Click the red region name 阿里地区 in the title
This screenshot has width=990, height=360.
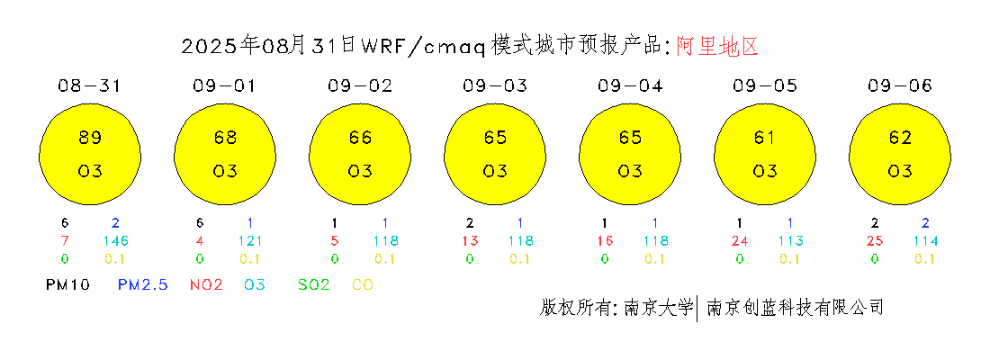pos(717,47)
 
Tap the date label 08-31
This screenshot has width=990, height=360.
pos(89,86)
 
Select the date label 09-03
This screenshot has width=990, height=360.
pos(494,86)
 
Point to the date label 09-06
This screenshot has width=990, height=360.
pos(900,86)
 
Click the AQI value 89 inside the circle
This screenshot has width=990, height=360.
pos(90,137)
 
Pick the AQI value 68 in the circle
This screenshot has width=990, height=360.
pos(225,137)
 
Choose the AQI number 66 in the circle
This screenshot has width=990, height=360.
pos(360,137)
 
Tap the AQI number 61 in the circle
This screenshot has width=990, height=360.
pos(765,137)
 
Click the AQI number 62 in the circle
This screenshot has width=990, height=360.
pos(900,137)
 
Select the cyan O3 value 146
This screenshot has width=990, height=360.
pos(115,240)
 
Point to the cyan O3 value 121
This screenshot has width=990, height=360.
pos(251,240)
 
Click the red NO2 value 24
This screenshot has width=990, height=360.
pos(739,240)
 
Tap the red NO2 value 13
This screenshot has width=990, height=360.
pos(469,240)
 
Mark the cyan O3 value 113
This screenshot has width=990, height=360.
pos(790,240)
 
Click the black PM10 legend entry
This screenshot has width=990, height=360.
pos(67,285)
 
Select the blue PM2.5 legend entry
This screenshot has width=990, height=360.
pos(143,285)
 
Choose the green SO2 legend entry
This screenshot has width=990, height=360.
pos(314,285)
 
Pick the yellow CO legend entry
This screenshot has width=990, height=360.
pos(363,285)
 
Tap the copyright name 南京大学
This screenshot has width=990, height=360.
pos(658,308)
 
